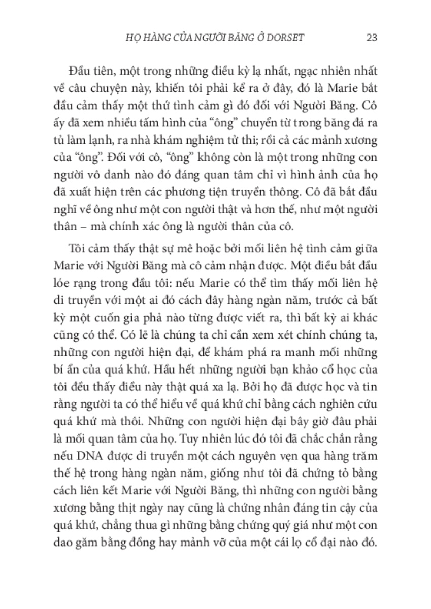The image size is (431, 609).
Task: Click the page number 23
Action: pos(370,37)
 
